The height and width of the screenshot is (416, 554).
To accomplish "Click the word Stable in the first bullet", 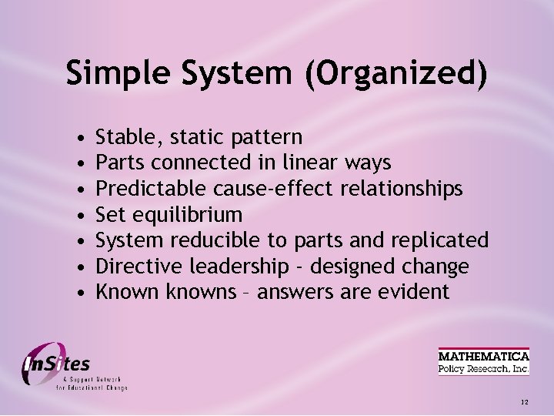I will tap(123, 138).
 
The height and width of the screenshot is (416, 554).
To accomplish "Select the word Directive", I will tap(134, 267).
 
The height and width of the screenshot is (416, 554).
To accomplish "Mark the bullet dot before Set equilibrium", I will tap(82, 215).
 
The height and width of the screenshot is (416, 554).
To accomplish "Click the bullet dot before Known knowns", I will tap(82, 293).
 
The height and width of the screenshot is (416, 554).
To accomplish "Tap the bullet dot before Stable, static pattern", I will tap(82, 139).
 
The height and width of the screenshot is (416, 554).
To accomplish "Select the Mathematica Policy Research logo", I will tap(483, 361).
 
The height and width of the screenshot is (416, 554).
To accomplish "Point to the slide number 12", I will tap(524, 402).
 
